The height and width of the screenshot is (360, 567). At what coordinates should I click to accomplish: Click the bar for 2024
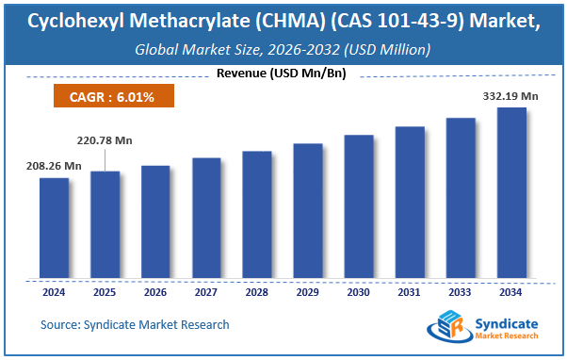[54, 228]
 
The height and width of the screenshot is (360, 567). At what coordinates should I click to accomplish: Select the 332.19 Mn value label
[510, 95]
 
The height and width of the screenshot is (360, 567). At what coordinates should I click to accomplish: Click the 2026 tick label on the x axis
[155, 292]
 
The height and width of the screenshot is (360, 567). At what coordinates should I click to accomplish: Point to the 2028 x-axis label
[257, 292]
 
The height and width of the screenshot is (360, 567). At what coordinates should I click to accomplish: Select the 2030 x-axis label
[359, 292]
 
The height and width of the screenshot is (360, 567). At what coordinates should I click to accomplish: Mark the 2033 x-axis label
[461, 292]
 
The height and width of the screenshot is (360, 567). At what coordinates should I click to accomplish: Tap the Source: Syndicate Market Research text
[135, 325]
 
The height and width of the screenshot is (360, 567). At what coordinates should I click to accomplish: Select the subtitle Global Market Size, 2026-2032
[283, 49]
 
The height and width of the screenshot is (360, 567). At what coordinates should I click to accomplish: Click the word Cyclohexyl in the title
[73, 21]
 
